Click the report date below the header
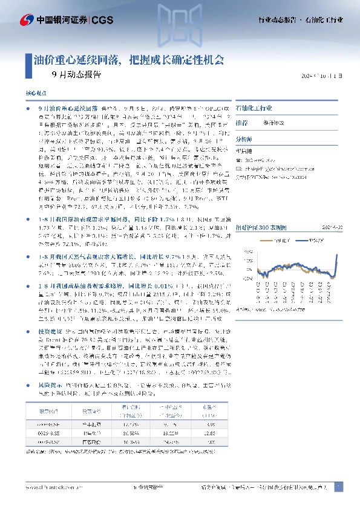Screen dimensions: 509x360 pos(326,77)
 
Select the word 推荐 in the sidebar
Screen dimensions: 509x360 pos(241,122)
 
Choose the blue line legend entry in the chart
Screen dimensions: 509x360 pos(308,239)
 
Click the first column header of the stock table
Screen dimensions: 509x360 pos(49,411)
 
